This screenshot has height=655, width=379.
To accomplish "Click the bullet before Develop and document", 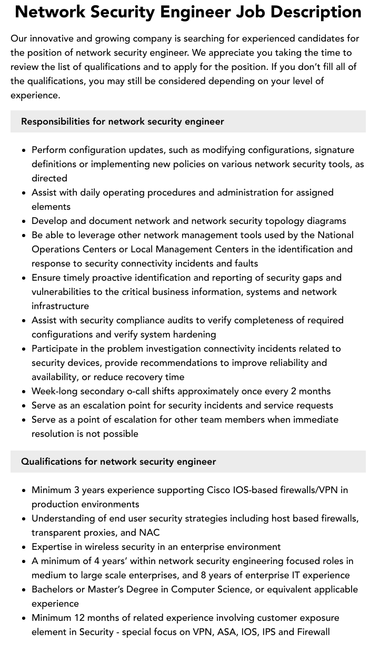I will (24, 221).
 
